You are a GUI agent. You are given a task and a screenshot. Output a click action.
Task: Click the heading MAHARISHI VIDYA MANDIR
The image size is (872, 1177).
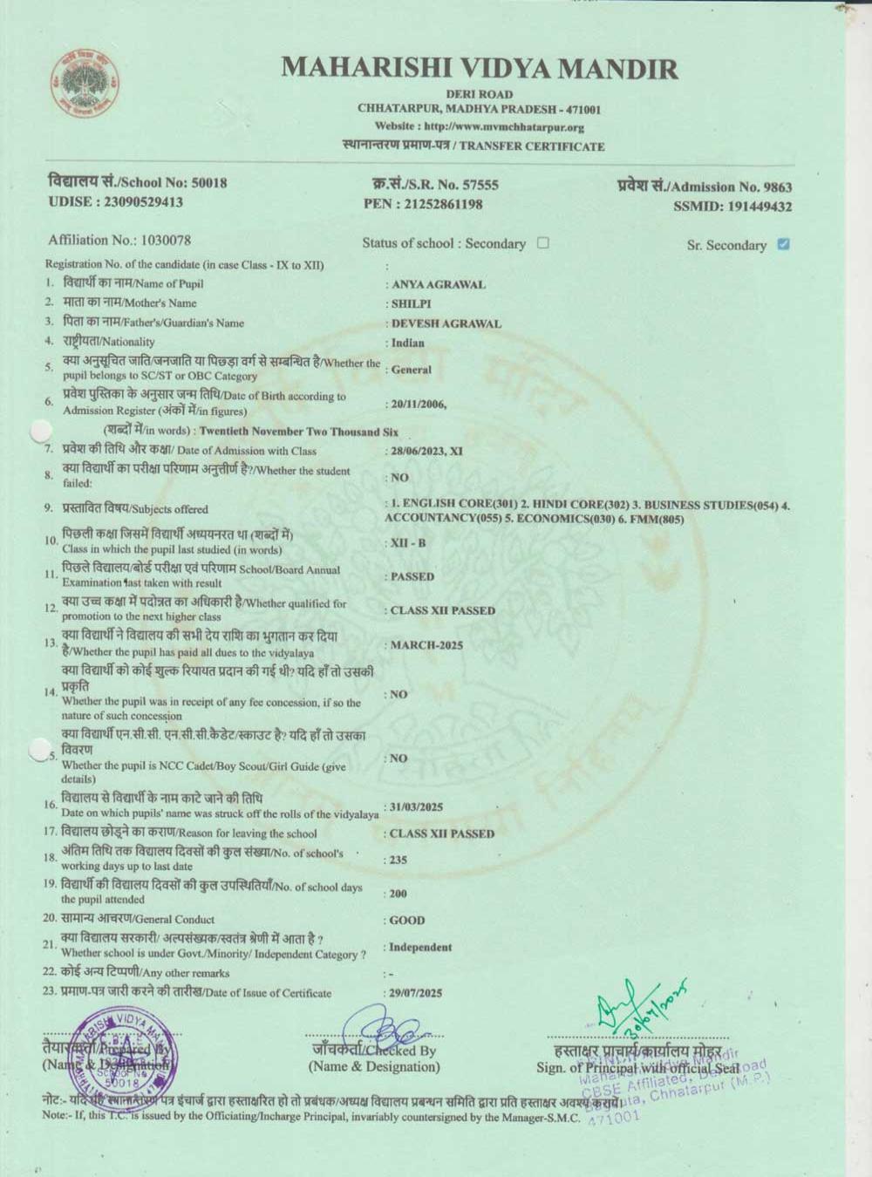(x=480, y=68)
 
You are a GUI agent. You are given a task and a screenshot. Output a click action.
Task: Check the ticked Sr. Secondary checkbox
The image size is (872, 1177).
(x=783, y=244)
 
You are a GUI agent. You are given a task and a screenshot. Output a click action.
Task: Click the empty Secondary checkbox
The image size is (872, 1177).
(x=543, y=243)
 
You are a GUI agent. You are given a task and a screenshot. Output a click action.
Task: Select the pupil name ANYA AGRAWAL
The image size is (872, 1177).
(x=438, y=284)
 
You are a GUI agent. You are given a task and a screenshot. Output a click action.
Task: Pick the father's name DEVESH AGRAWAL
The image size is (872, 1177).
(x=446, y=323)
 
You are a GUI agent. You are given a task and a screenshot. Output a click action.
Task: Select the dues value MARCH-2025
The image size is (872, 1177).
(x=426, y=645)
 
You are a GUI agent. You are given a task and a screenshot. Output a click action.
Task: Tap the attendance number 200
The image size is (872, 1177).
(x=399, y=894)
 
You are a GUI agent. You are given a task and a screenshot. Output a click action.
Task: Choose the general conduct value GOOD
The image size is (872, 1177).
(x=407, y=920)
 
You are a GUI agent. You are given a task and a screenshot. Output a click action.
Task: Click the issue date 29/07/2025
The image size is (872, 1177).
(x=416, y=993)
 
